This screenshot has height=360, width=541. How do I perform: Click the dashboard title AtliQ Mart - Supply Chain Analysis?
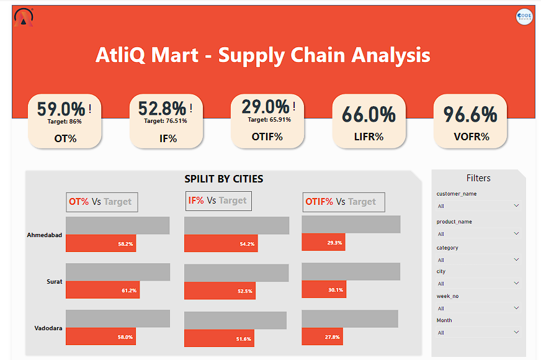[262, 55]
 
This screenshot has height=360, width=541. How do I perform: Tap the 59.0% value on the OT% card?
[60, 109]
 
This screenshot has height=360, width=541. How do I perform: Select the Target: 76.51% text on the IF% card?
[166, 121]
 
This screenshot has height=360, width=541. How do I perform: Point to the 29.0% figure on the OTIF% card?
[265, 107]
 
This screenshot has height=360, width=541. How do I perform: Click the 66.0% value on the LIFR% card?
[369, 114]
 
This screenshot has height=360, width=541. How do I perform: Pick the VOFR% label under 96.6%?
[470, 137]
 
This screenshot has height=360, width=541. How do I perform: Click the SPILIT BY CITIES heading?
[223, 179]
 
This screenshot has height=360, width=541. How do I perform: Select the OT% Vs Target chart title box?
[102, 202]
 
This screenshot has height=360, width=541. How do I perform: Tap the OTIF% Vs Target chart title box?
[344, 202]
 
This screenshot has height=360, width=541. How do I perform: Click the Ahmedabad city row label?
[45, 235]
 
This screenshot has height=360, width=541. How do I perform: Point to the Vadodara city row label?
[48, 328]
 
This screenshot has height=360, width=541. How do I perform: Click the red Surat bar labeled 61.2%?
[102, 290]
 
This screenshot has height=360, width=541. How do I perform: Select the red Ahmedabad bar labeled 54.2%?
[220, 244]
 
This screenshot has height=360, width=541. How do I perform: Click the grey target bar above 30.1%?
[351, 271]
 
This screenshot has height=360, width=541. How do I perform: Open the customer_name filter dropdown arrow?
[516, 205]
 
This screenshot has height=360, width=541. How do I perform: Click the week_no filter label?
[447, 296]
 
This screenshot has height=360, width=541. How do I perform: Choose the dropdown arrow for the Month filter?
[516, 332]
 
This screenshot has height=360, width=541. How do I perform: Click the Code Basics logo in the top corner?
[524, 17]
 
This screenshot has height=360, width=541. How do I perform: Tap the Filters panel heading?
[478, 178]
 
